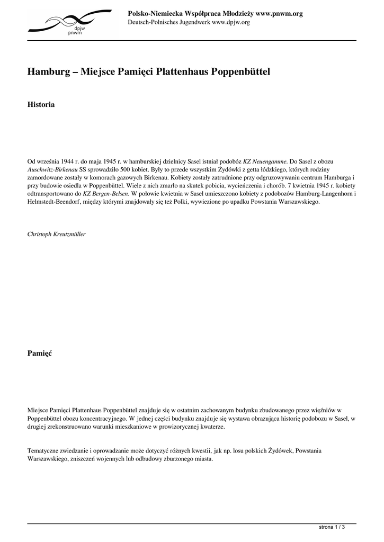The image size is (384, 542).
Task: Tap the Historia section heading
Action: [x=41, y=105]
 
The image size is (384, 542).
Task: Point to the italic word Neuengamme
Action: [x=270, y=160]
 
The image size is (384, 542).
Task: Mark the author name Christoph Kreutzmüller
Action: [x=56, y=233]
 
